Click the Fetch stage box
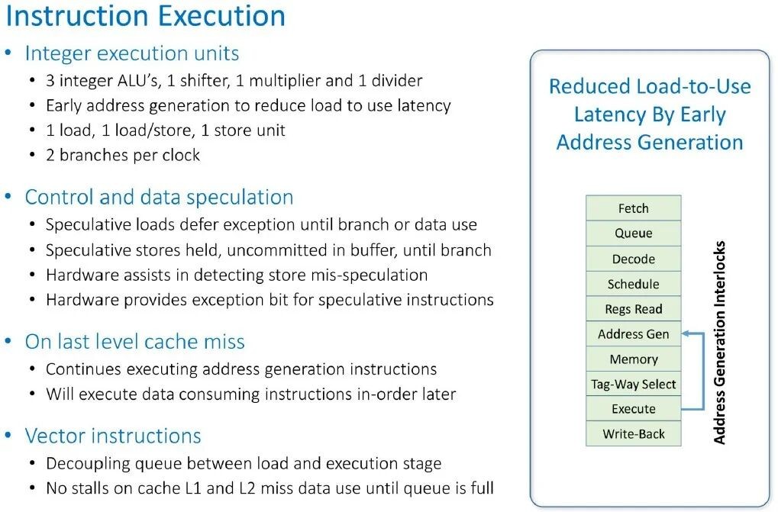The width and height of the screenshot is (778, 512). coord(633,208)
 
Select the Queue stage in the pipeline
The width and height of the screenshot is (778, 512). coord(633,233)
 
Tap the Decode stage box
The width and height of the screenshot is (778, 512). coord(633,259)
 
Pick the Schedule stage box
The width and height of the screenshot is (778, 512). coord(633,284)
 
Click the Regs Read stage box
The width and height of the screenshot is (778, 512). coord(633,309)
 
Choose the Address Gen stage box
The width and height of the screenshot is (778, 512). coord(633,334)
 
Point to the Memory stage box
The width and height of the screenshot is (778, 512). coord(633,359)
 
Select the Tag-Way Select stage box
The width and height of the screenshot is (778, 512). coord(633,384)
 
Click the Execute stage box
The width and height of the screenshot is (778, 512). coord(633,409)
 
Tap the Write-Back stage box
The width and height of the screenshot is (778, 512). coord(633,434)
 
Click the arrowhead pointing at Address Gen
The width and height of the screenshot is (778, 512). coord(686,333)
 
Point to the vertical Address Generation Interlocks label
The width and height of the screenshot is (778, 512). coord(719,343)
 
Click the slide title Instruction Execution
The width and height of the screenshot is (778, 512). coord(145,16)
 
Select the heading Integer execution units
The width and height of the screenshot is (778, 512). coord(132,53)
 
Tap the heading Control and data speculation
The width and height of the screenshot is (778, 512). coord(159,198)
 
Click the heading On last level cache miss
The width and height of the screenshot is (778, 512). coord(135,342)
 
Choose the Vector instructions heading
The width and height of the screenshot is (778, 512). coord(113,436)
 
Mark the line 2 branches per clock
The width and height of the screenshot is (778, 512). coord(123,155)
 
